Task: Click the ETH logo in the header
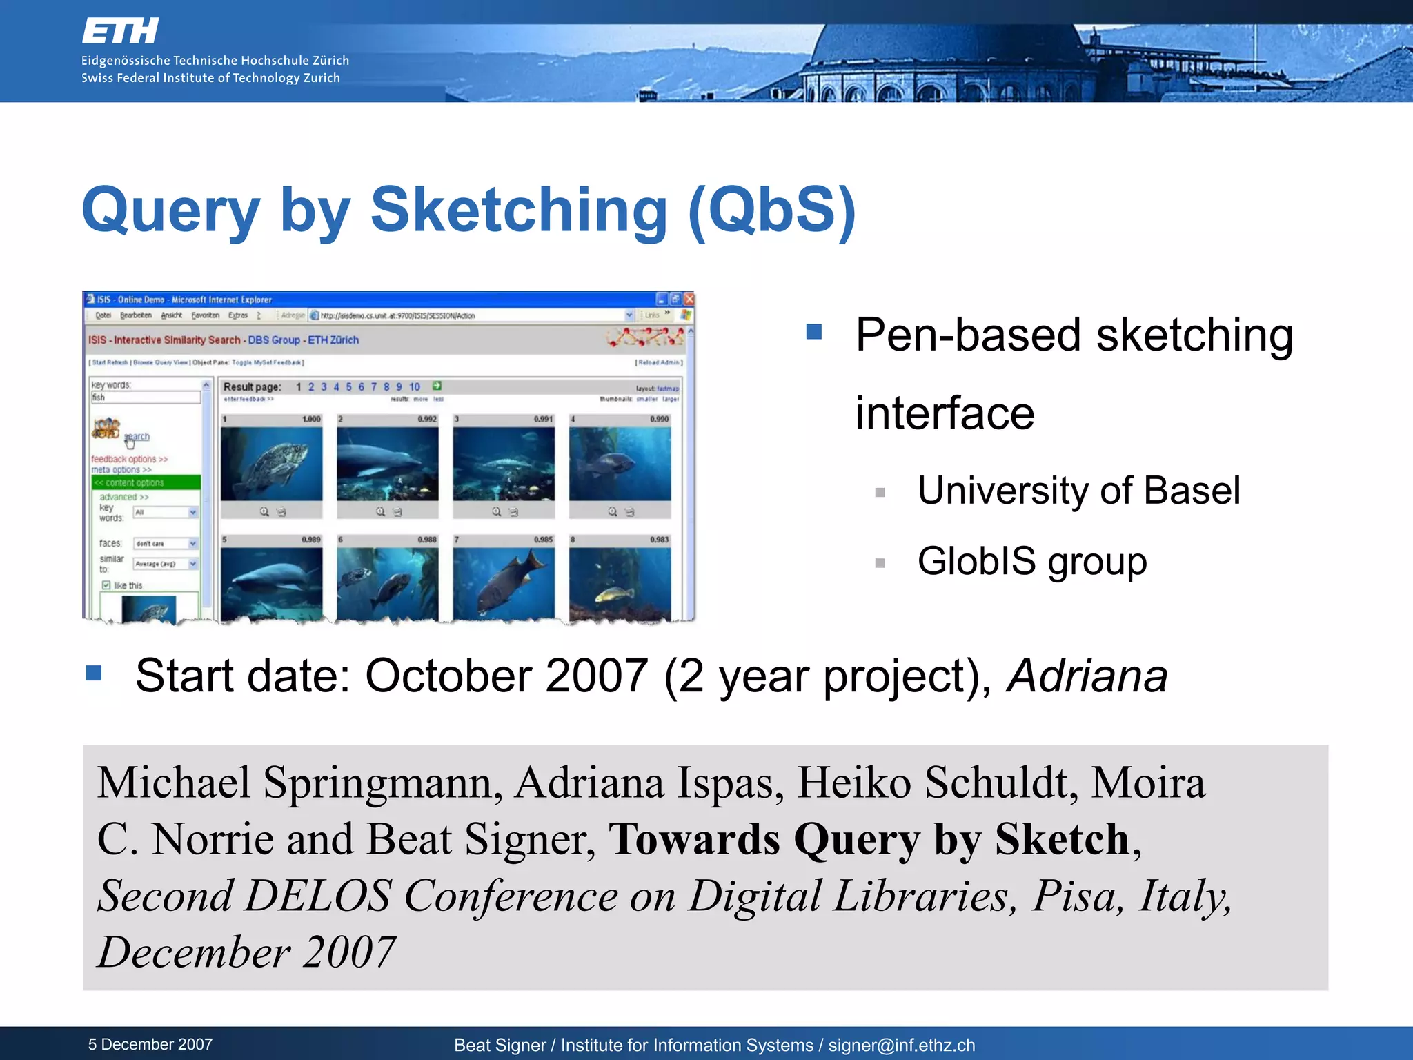coord(121,31)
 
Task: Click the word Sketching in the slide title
coord(519,210)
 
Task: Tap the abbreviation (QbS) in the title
coord(772,210)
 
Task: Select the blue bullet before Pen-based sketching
coord(814,333)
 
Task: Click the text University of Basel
coord(1078,491)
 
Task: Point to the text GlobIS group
coord(1032,561)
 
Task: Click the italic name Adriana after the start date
coord(1087,676)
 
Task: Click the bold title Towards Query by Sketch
coord(869,840)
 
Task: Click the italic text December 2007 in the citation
coord(246,952)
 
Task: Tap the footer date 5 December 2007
coord(150,1044)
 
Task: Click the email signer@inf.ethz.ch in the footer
coord(901,1045)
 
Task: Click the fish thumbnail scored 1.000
coord(271,463)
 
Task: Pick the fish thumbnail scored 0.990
coord(620,463)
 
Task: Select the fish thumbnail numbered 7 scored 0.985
coord(504,582)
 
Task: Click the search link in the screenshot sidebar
coord(137,436)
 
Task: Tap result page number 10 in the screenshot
coord(414,386)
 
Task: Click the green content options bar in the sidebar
coord(146,482)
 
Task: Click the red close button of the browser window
coord(689,300)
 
